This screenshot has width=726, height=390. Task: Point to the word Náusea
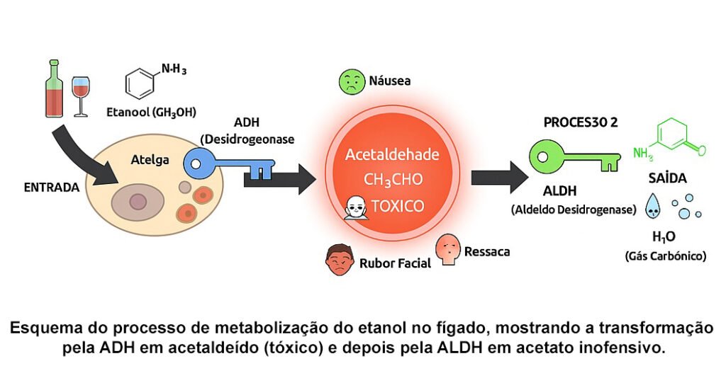tap(389, 81)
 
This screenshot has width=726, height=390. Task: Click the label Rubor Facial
tap(395, 263)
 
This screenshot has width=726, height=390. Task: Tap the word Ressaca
tap(487, 251)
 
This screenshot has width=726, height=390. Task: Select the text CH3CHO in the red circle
tap(392, 180)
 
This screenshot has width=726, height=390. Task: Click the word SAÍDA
tap(667, 178)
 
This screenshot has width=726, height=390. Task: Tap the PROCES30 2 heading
tap(581, 122)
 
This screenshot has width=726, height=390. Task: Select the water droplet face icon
tap(651, 207)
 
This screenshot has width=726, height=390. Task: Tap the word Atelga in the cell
tap(150, 160)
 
